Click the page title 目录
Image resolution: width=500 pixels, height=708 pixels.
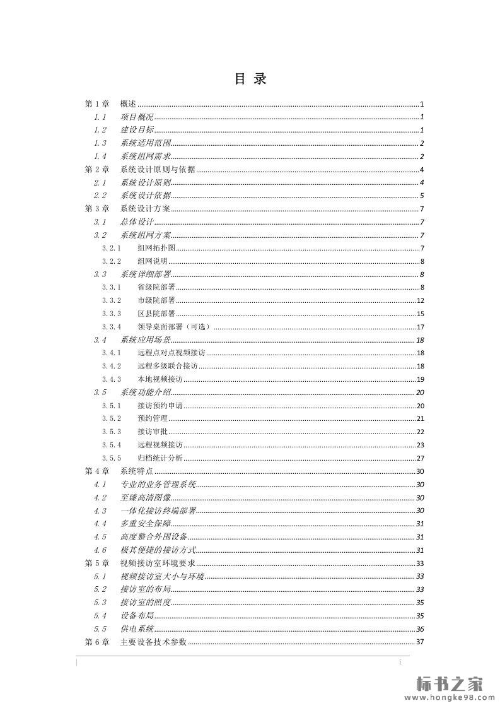tap(250, 79)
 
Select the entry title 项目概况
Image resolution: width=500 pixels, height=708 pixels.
tap(137, 117)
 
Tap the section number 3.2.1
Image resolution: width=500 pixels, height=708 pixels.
tap(112, 248)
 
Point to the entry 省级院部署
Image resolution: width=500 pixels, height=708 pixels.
tap(156, 287)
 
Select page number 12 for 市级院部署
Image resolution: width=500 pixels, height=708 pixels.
tap(420, 300)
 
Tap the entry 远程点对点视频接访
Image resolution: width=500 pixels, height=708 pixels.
tap(171, 353)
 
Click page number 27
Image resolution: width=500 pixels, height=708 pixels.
tap(420, 458)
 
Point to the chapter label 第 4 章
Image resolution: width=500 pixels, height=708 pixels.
tap(97, 471)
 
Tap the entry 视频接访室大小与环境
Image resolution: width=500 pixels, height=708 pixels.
tap(162, 576)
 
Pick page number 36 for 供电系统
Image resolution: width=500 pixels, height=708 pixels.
tap(420, 628)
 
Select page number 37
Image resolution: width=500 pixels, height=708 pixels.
tap(420, 642)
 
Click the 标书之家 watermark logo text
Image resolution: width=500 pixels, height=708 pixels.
tap(450, 683)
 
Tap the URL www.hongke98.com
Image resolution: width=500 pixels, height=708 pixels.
tap(449, 698)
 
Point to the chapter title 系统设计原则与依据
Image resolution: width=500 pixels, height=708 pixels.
tap(157, 169)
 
